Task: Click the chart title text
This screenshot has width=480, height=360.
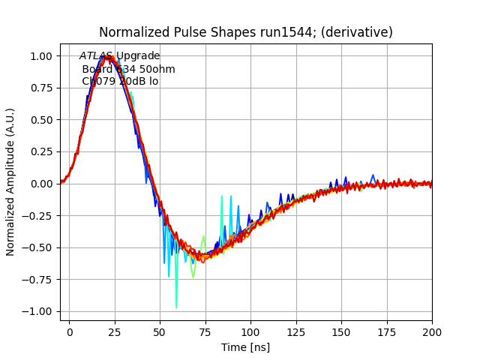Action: click(x=246, y=32)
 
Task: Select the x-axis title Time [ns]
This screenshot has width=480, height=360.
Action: click(x=245, y=347)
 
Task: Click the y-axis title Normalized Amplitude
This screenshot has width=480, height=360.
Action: click(x=10, y=182)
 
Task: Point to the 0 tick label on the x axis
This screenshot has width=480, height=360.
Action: click(x=70, y=331)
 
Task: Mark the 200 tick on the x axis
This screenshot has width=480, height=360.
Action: click(x=432, y=331)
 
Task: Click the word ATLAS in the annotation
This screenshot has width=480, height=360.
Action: click(x=96, y=56)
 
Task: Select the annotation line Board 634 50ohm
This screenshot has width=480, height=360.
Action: click(x=128, y=69)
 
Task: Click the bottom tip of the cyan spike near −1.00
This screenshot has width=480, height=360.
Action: click(x=176, y=307)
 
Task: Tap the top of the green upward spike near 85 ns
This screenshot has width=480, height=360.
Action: click(x=222, y=196)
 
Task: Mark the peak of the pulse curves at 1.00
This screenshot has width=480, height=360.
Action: click(x=109, y=56)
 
